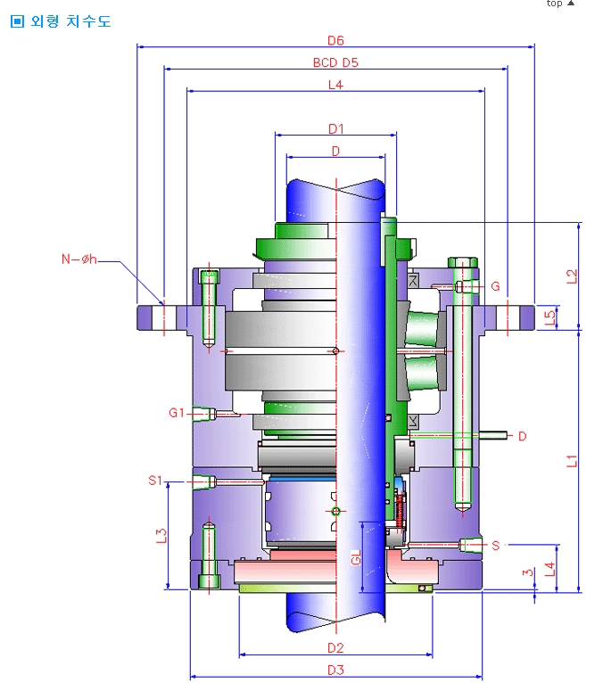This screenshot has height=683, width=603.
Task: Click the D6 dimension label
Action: click(335, 40)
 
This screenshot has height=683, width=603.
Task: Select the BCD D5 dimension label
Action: click(335, 63)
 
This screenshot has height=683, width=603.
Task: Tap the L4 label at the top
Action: click(335, 86)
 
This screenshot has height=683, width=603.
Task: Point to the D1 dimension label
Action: click(335, 128)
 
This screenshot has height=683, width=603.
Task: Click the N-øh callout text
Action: click(78, 259)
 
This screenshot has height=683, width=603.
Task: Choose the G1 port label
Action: click(177, 413)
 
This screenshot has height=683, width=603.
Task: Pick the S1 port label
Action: click(156, 481)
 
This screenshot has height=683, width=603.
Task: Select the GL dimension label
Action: click(355, 558)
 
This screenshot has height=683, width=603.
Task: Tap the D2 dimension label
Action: click(335, 647)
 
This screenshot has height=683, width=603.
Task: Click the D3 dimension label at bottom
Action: click(335, 670)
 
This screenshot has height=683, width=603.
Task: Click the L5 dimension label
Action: click(550, 315)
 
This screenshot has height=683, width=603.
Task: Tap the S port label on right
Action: click(496, 544)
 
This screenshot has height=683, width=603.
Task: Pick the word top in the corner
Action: click(555, 4)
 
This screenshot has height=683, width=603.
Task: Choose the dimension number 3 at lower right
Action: click(528, 573)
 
